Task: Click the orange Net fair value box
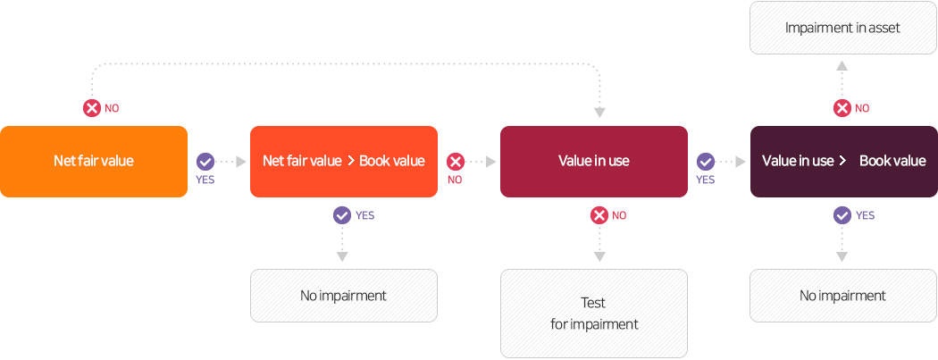coord(94,162)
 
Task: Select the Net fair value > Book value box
coord(344,162)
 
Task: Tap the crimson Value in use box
coord(594,162)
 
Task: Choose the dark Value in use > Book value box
coord(844,162)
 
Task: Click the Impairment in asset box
coord(843,28)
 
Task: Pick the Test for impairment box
coord(594,314)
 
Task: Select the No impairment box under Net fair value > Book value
coord(344,296)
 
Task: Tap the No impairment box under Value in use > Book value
coord(843,296)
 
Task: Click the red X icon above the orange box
coord(91,108)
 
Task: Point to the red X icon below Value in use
coord(599,215)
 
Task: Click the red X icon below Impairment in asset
coord(842,108)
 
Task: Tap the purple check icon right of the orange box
coord(205,162)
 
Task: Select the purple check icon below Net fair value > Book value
coord(342,215)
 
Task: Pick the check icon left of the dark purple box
coord(706,162)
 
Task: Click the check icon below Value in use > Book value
coord(842,215)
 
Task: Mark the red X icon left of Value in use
coord(456,162)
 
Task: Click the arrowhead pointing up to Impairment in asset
coord(842,66)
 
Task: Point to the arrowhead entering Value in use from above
coord(599,113)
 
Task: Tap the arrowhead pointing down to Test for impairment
coord(599,256)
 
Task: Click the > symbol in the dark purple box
coord(842,161)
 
